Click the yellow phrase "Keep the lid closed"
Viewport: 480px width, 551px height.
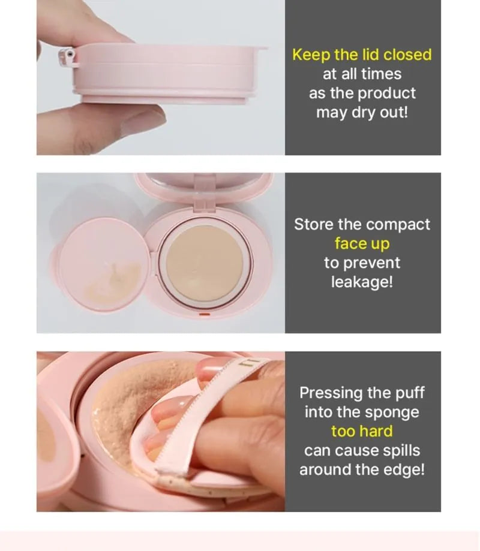point(362,55)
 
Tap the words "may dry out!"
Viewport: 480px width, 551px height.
point(362,113)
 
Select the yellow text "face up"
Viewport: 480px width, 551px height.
point(362,243)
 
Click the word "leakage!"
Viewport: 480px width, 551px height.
point(362,282)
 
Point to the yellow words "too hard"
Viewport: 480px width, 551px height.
point(362,431)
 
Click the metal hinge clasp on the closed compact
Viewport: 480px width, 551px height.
point(67,58)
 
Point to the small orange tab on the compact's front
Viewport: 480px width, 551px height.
point(205,314)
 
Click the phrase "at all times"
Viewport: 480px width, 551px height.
point(362,74)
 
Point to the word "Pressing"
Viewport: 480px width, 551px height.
point(331,393)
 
